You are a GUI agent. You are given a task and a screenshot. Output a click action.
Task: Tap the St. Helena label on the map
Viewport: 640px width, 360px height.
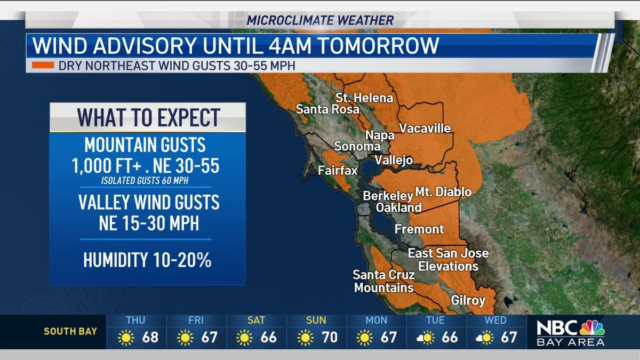click(x=364, y=98)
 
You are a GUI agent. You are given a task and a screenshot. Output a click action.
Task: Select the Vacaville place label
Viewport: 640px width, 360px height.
click(x=425, y=129)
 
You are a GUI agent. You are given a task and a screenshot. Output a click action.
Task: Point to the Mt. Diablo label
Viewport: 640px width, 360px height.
click(x=443, y=191)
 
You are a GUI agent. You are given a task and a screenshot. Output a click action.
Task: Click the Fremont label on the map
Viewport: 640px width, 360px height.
click(x=419, y=229)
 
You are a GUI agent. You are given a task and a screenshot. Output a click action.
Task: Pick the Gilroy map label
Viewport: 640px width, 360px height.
click(x=468, y=300)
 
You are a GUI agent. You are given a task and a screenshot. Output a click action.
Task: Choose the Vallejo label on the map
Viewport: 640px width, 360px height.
click(x=394, y=160)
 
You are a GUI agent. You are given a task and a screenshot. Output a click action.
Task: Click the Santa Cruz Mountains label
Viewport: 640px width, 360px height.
click(x=383, y=281)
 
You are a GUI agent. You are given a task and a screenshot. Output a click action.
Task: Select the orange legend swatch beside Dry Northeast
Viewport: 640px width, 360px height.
click(x=43, y=66)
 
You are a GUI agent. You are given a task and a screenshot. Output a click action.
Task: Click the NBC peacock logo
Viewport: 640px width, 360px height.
click(x=592, y=327)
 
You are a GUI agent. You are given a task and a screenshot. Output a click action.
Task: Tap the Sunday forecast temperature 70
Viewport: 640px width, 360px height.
click(x=329, y=338)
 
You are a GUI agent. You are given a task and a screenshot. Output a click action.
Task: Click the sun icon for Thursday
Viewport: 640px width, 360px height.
click(x=126, y=338)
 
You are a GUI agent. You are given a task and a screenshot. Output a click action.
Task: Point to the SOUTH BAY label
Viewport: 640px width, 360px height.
click(x=70, y=331)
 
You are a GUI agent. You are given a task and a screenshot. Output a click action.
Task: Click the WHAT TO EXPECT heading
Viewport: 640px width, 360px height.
click(x=148, y=117)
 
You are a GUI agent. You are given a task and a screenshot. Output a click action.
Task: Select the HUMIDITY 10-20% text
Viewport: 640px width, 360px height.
click(x=147, y=260)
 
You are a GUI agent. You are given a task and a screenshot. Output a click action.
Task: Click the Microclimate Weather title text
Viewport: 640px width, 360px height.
click(x=320, y=21)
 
